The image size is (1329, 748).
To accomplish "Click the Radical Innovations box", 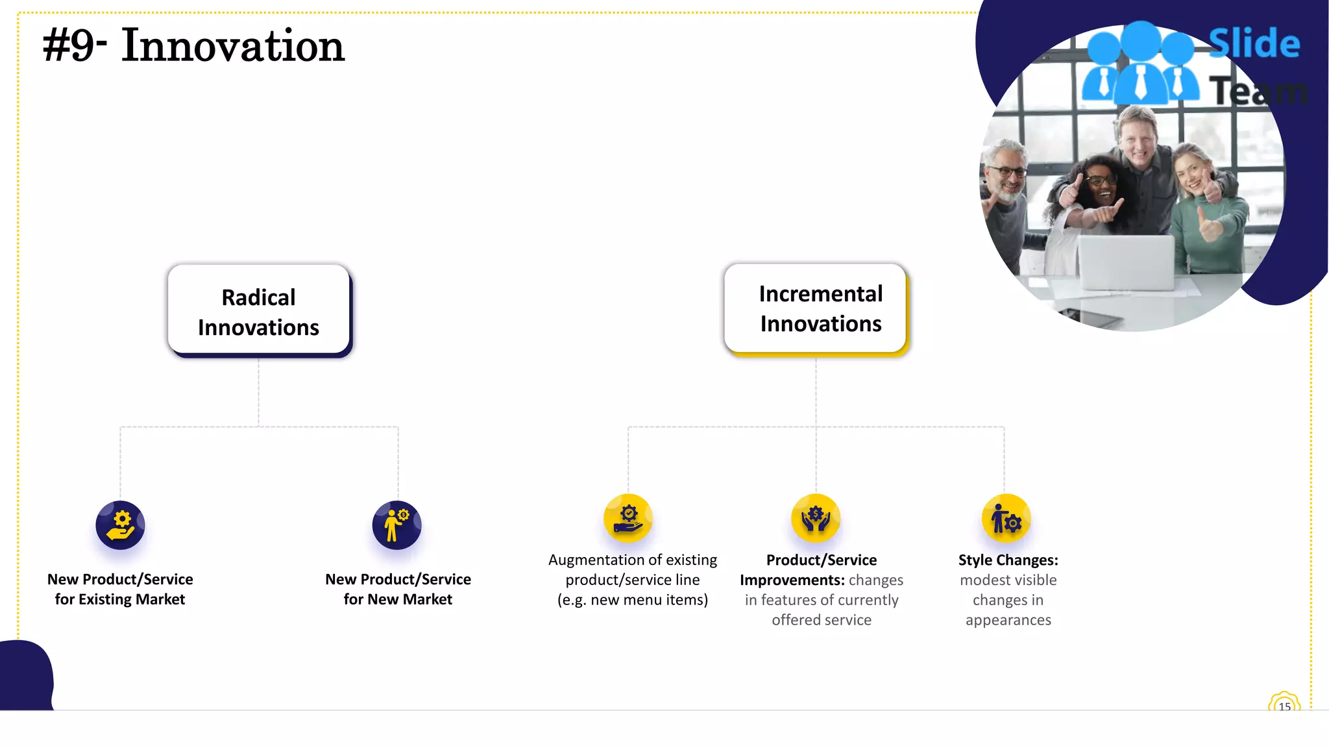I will (258, 310).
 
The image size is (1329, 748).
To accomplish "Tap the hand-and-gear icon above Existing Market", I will (120, 525).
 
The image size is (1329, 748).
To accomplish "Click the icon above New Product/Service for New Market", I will (396, 525).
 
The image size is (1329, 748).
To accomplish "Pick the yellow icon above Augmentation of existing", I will (628, 518).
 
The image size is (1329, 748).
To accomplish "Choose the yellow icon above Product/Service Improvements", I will (816, 518).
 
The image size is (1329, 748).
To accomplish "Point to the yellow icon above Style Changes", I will (1006, 518).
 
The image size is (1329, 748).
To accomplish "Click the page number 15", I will (1284, 706).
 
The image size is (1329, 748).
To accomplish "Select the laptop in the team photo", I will (1126, 263).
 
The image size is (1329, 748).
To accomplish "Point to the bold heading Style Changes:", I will (1008, 560).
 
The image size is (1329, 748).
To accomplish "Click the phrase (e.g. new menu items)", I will (633, 600).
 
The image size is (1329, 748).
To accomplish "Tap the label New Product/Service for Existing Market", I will (120, 589).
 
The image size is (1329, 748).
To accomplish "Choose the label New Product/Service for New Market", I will (398, 589).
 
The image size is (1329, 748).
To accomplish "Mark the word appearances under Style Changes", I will (1008, 620).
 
